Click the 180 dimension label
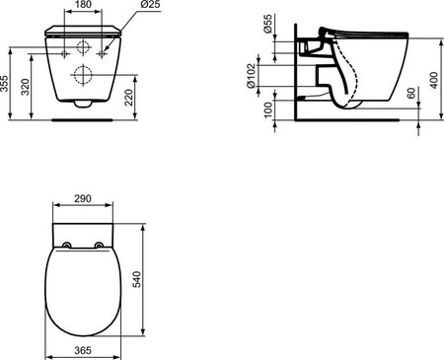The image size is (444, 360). (x=83, y=5)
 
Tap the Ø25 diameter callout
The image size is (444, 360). (x=150, y=5)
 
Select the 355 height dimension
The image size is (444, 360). (x=4, y=84)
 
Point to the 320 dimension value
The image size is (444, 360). (x=26, y=87)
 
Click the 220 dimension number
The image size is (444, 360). (x=129, y=98)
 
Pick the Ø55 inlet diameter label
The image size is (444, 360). (x=267, y=24)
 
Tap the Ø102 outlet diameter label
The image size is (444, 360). (x=251, y=76)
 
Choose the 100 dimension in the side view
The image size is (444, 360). (x=268, y=109)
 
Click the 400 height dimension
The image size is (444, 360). (x=434, y=80)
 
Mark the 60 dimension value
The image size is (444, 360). (x=411, y=93)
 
